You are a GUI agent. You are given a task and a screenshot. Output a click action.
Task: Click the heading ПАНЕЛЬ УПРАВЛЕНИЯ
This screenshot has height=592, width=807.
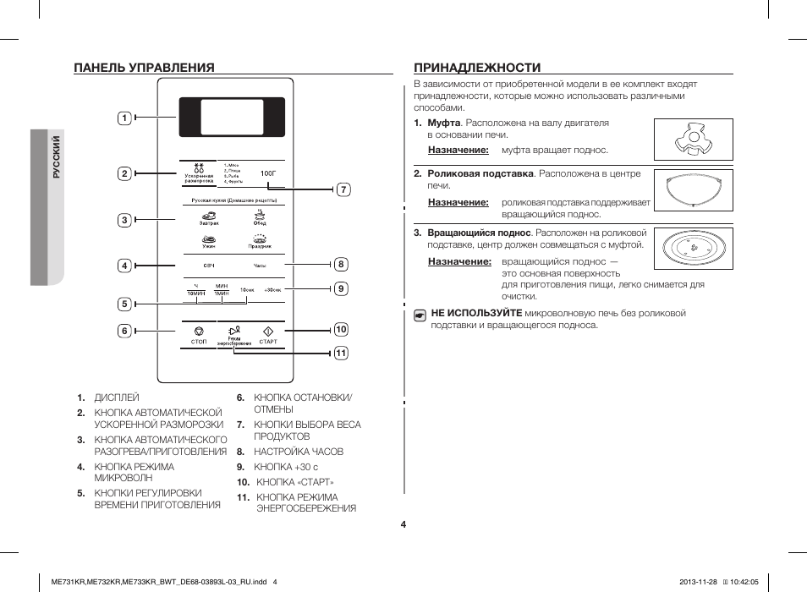(x=143, y=67)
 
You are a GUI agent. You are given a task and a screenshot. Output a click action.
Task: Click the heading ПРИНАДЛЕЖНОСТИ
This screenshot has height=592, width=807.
(x=477, y=67)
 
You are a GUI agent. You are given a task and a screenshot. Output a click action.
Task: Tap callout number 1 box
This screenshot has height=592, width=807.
(x=124, y=118)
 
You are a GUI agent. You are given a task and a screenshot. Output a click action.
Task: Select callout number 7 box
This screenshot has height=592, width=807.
(x=343, y=189)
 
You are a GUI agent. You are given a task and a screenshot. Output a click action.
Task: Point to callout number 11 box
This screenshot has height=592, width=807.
(x=341, y=353)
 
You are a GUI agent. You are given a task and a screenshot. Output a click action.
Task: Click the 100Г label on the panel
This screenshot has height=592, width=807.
(x=268, y=173)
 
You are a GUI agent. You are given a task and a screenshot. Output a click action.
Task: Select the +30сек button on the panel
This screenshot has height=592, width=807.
(x=272, y=289)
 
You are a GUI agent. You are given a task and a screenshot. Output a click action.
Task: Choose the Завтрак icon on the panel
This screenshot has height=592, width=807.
(x=209, y=217)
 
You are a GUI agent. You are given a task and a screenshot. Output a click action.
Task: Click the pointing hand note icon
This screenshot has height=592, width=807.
(x=420, y=315)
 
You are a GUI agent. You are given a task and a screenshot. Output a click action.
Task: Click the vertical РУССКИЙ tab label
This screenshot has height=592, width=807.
(x=56, y=157)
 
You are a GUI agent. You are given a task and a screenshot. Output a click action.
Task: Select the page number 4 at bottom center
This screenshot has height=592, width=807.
(x=403, y=524)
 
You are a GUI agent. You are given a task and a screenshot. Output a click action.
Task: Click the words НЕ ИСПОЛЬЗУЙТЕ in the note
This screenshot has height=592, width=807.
(x=476, y=313)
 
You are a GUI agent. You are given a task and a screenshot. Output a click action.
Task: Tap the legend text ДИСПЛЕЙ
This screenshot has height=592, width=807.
(x=117, y=397)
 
